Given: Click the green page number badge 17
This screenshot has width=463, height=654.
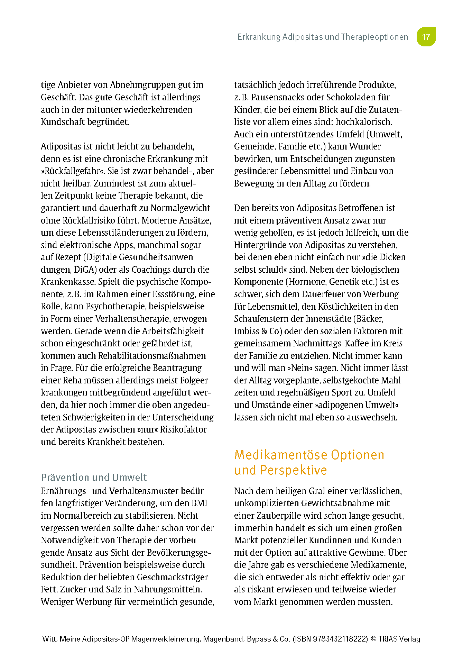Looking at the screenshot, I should pyautogui.click(x=426, y=37).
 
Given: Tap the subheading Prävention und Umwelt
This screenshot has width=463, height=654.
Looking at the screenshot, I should pyautogui.click(x=94, y=478).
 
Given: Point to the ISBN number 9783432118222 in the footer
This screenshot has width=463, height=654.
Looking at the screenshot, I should pyautogui.click(x=340, y=639).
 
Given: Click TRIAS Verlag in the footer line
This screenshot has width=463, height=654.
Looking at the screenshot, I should pyautogui.click(x=399, y=639).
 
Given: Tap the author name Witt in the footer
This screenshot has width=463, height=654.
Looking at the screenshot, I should pyautogui.click(x=49, y=639).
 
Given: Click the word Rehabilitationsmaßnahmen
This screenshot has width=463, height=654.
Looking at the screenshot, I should pyautogui.click(x=152, y=356).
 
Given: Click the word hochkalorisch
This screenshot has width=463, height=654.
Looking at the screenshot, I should pyautogui.click(x=364, y=122).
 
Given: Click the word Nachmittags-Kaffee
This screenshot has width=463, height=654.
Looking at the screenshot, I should pyautogui.click(x=330, y=343).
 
